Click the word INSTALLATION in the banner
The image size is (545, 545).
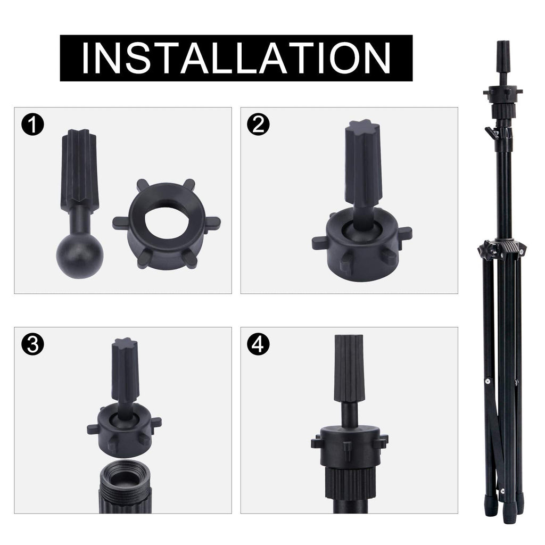236,58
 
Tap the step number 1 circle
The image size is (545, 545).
32,125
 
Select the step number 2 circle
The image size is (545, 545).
258,125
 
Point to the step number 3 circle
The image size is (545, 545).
32,344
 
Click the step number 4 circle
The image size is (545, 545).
258,344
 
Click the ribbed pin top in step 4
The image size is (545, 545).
349,368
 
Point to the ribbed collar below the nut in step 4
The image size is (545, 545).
350,483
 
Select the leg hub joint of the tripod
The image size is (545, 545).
502,249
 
